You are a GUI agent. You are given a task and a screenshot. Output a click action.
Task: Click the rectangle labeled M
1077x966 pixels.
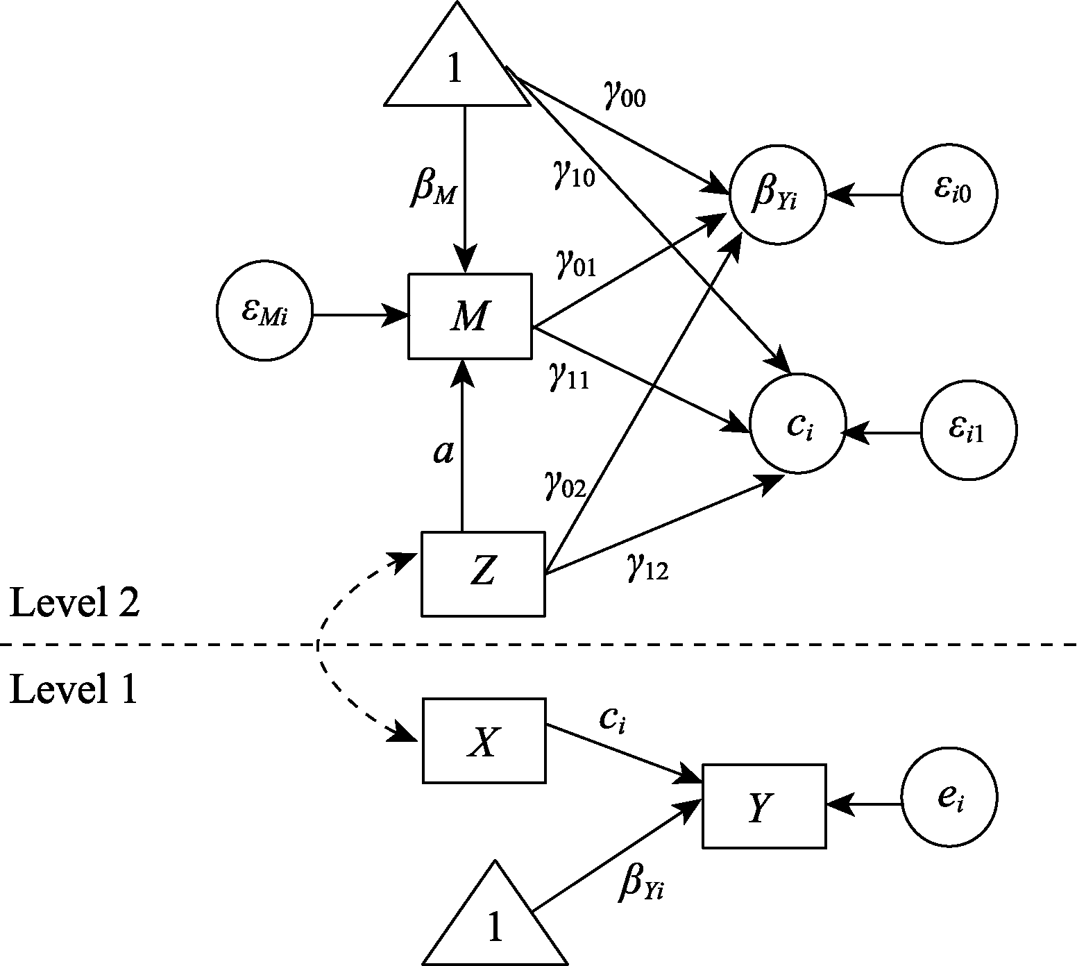470,317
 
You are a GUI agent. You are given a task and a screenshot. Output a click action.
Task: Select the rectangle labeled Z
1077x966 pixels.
483,573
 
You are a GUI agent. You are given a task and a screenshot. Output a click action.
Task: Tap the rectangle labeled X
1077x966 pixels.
484,741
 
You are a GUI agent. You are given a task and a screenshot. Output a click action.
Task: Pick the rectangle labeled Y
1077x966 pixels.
763,806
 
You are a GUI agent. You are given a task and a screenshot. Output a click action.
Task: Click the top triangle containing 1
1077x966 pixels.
457,69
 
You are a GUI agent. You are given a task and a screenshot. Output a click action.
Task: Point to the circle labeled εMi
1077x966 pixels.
264,312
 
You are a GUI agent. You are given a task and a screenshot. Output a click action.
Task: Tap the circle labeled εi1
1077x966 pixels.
968,431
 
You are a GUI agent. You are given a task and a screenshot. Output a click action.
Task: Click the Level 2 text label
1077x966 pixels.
74,602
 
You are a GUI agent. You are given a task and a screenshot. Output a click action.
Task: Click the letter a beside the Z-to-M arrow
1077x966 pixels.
443,452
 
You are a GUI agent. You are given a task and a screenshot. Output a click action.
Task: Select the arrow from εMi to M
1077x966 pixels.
359,316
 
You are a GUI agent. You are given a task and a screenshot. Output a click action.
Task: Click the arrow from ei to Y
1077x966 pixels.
864,805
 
